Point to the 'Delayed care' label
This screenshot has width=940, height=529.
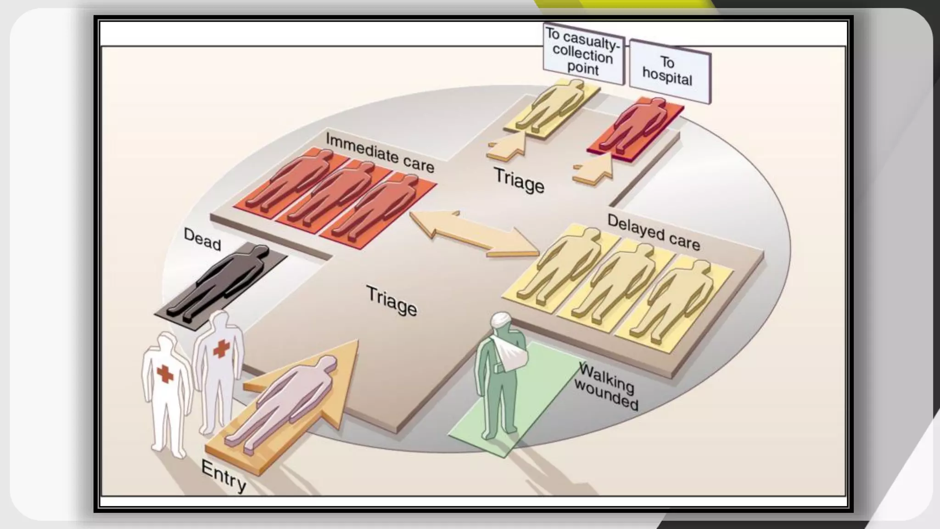[654, 233]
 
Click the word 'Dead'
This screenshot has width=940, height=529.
[202, 239]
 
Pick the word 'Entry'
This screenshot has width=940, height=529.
[224, 476]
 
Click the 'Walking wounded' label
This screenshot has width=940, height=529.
[606, 386]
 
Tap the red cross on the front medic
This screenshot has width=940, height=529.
[165, 374]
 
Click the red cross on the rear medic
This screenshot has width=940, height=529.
[221, 349]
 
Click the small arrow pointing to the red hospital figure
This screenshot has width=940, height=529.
[595, 170]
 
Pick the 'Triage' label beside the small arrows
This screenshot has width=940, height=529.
[519, 180]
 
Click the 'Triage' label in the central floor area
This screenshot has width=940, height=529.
[392, 300]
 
